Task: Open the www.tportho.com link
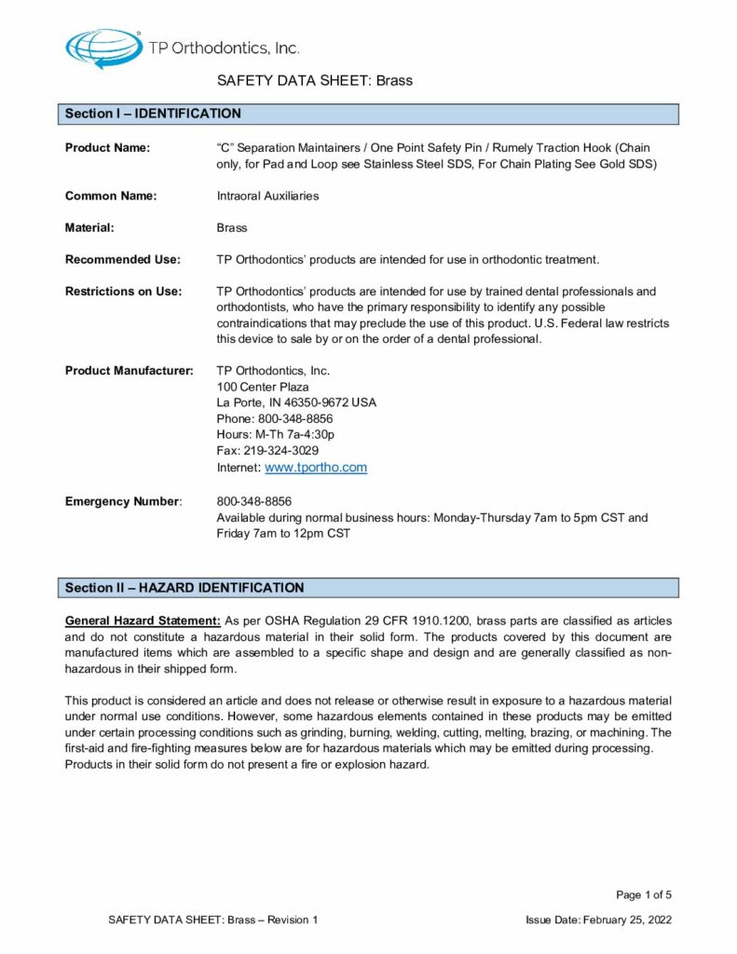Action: click(x=316, y=468)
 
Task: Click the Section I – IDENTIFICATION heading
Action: click(x=153, y=114)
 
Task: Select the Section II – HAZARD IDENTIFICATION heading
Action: click(x=184, y=588)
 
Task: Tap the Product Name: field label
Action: click(x=108, y=148)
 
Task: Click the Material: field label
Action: click(x=89, y=227)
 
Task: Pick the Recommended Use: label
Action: click(x=123, y=259)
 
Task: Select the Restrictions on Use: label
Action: click(x=124, y=292)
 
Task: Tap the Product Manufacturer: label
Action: click(x=130, y=371)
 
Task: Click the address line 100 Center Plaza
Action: click(x=263, y=387)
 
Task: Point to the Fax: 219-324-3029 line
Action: click(x=267, y=450)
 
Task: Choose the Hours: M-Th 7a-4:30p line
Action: click(x=275, y=434)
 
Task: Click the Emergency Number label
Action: click(x=122, y=501)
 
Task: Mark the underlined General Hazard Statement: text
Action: click(x=143, y=620)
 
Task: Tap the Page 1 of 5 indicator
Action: click(x=644, y=895)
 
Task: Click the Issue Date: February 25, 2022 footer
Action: click(x=598, y=920)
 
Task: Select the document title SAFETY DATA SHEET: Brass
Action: click(x=315, y=80)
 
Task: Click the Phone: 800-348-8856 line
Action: click(x=275, y=418)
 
